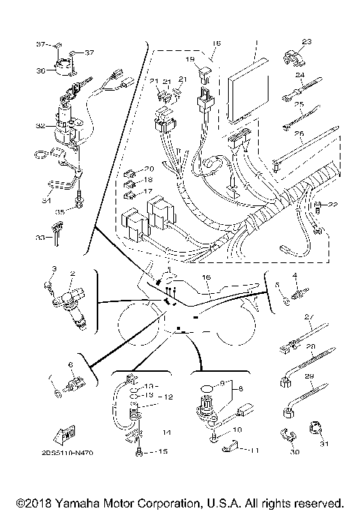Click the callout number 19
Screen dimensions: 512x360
[190, 58]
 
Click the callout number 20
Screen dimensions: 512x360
[148, 169]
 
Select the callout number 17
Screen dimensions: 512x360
[148, 191]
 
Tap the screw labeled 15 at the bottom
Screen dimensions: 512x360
[140, 452]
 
